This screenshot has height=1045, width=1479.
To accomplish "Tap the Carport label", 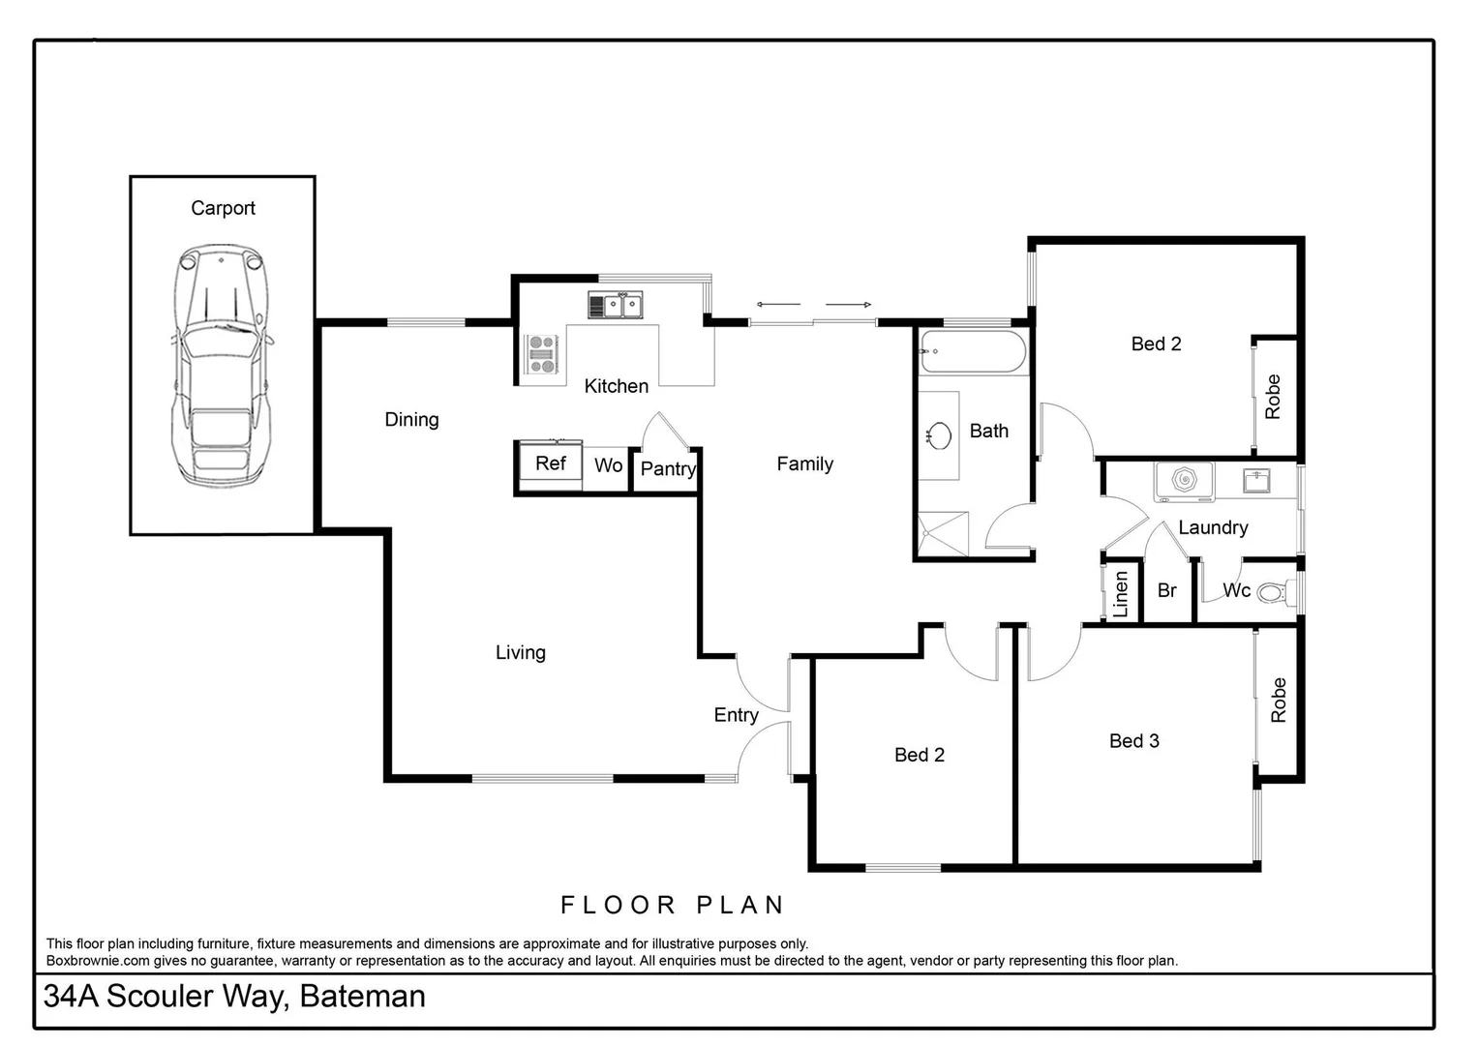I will (x=223, y=208).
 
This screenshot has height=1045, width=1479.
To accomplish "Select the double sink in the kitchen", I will (x=616, y=306).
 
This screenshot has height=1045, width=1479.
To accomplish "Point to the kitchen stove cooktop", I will (x=542, y=353).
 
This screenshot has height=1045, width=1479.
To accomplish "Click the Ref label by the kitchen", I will (x=550, y=463).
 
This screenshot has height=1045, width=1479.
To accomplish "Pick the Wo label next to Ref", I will (x=608, y=465).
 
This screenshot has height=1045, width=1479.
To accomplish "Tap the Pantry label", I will (x=667, y=469).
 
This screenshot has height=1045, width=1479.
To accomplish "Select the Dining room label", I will (x=411, y=420).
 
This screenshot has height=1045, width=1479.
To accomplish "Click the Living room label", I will (x=520, y=653).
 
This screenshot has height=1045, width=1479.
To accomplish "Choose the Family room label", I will (x=804, y=464).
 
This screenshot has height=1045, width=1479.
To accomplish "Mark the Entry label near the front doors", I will (x=736, y=715).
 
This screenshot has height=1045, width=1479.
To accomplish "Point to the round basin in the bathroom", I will (x=938, y=434).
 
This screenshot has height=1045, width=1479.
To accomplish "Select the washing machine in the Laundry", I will (x=1184, y=481).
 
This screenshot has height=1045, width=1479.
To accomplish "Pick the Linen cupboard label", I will (x=1121, y=594).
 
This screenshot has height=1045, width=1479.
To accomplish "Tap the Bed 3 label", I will (x=1133, y=741).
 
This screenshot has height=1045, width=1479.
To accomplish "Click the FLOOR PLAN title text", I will (x=673, y=906).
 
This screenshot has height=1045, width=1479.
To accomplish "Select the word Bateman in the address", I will (x=362, y=996).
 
